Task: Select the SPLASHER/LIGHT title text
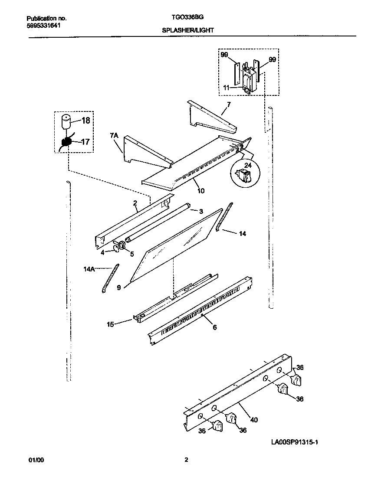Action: pos(187,31)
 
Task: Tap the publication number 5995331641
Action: pos(43,26)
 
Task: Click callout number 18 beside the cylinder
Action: pos(85,121)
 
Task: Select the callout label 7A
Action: pos(114,136)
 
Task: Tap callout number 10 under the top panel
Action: pos(201,190)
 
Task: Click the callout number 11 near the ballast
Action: pos(226,87)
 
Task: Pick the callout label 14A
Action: pos(89,269)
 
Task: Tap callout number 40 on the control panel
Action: pos(254,419)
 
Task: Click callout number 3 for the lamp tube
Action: pos(201,211)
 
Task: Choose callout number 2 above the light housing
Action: pos(135,203)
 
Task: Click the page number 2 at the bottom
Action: pos(186,460)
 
